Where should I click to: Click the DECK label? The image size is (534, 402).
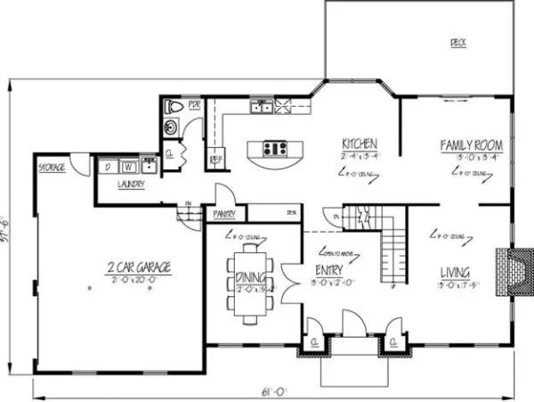point(458,42)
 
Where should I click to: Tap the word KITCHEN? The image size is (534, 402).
point(360,144)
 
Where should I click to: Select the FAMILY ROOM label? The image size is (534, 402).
point(473,144)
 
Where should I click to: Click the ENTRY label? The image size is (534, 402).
point(326,270)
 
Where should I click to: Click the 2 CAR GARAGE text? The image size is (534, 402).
point(140,267)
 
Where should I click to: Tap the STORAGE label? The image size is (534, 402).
point(51,168)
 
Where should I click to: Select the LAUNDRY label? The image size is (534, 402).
point(131,185)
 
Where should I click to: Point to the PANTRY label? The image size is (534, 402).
point(225,215)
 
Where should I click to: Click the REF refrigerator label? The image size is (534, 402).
point(214,161)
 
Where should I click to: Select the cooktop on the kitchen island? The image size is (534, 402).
point(274,149)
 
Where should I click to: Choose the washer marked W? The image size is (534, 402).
point(128,166)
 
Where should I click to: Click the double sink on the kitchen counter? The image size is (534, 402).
point(261,108)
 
